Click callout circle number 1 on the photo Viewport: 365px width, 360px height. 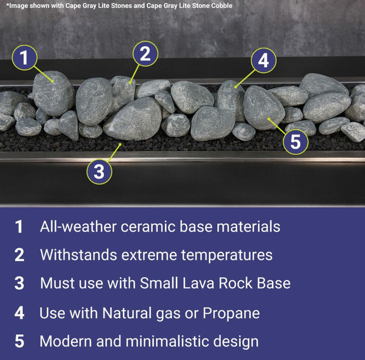coord(24,58)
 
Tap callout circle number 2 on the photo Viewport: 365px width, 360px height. coord(145,53)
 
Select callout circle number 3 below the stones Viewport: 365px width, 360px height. coord(99,172)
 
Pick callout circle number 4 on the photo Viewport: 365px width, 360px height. coord(263,60)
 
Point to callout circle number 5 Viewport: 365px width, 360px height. coord(296,142)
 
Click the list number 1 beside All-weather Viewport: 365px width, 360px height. coord(19,227)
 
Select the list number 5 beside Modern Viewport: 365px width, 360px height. coord(19,341)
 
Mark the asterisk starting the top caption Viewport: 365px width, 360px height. coord(7,5)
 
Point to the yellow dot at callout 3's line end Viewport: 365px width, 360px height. coord(121,145)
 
